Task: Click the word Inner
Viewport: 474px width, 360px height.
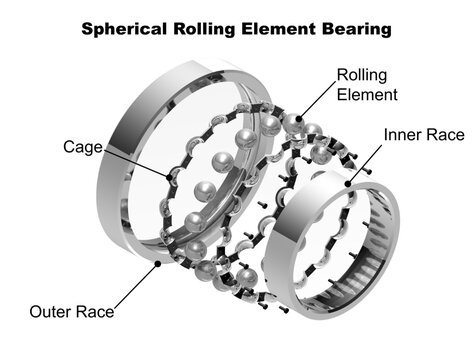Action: point(403,133)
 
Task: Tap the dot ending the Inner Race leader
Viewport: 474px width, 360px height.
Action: point(346,185)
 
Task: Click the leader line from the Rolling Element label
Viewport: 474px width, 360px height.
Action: point(313,101)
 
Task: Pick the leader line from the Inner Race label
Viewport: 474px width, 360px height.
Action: point(365,164)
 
